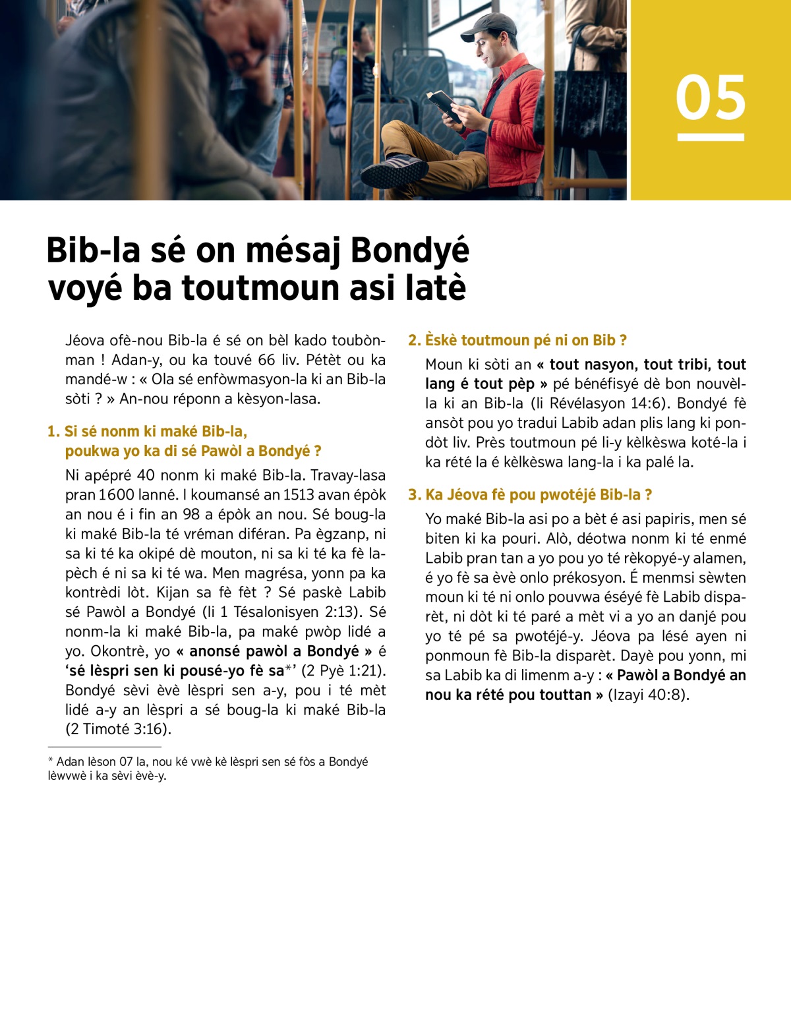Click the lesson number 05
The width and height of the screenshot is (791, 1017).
click(711, 98)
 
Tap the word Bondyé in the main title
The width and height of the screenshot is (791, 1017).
click(409, 250)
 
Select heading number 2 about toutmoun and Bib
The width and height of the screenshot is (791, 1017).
click(517, 340)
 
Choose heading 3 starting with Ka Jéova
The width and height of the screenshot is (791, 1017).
click(530, 494)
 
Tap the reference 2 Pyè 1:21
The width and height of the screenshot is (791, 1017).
click(343, 671)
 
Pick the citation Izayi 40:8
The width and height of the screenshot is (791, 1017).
click(649, 695)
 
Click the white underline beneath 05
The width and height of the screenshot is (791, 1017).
click(711, 137)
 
